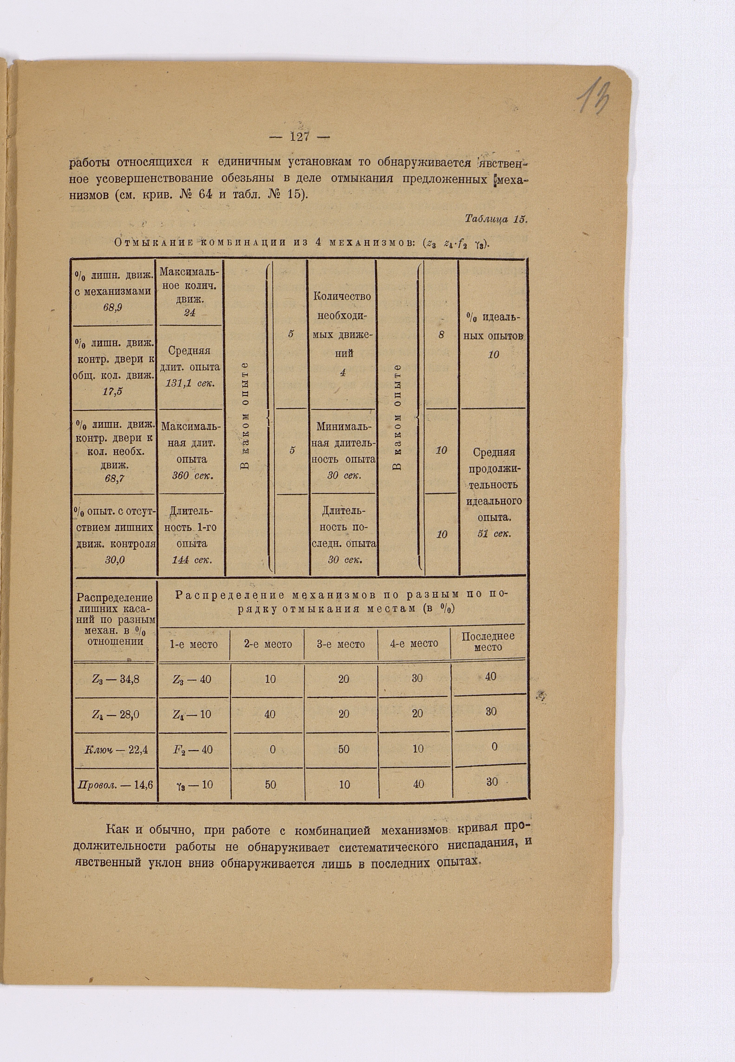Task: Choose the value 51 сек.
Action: [495, 534]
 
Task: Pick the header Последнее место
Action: [488, 641]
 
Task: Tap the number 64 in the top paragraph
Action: [205, 194]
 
